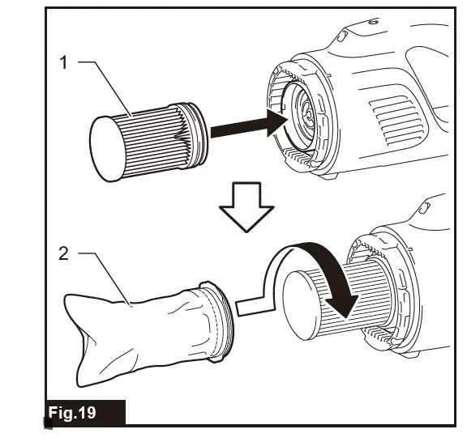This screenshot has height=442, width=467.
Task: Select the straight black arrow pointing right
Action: (x=247, y=125)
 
